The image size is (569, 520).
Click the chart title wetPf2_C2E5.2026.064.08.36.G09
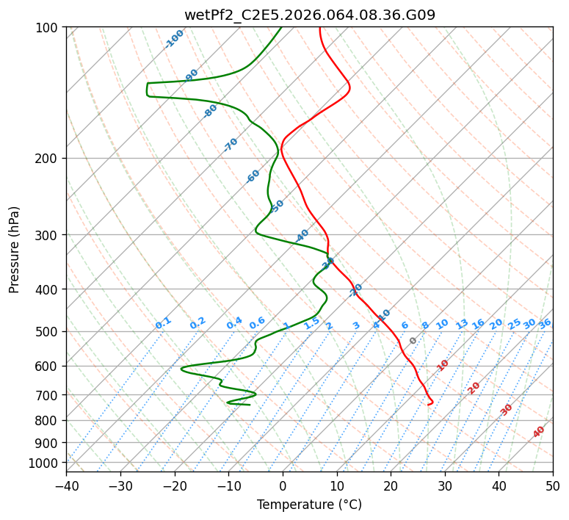[x=309, y=15]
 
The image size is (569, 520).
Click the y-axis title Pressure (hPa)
[x=15, y=250]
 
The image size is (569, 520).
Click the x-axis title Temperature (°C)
[x=309, y=505]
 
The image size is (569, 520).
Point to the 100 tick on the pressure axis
[x=48, y=28]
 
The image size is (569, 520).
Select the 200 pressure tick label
[x=48, y=158]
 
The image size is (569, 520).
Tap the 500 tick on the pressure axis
[x=48, y=331]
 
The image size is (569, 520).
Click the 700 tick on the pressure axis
[x=48, y=395]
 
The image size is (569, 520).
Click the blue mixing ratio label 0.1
[x=163, y=322]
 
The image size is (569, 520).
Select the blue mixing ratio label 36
[x=545, y=323]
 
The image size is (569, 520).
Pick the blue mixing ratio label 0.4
[x=234, y=323]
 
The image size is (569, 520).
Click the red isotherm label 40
[x=539, y=432]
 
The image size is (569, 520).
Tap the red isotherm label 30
[x=507, y=409]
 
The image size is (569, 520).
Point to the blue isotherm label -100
[x=174, y=38]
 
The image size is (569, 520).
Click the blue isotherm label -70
[x=231, y=145]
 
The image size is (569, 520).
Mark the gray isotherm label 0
[x=413, y=341]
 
